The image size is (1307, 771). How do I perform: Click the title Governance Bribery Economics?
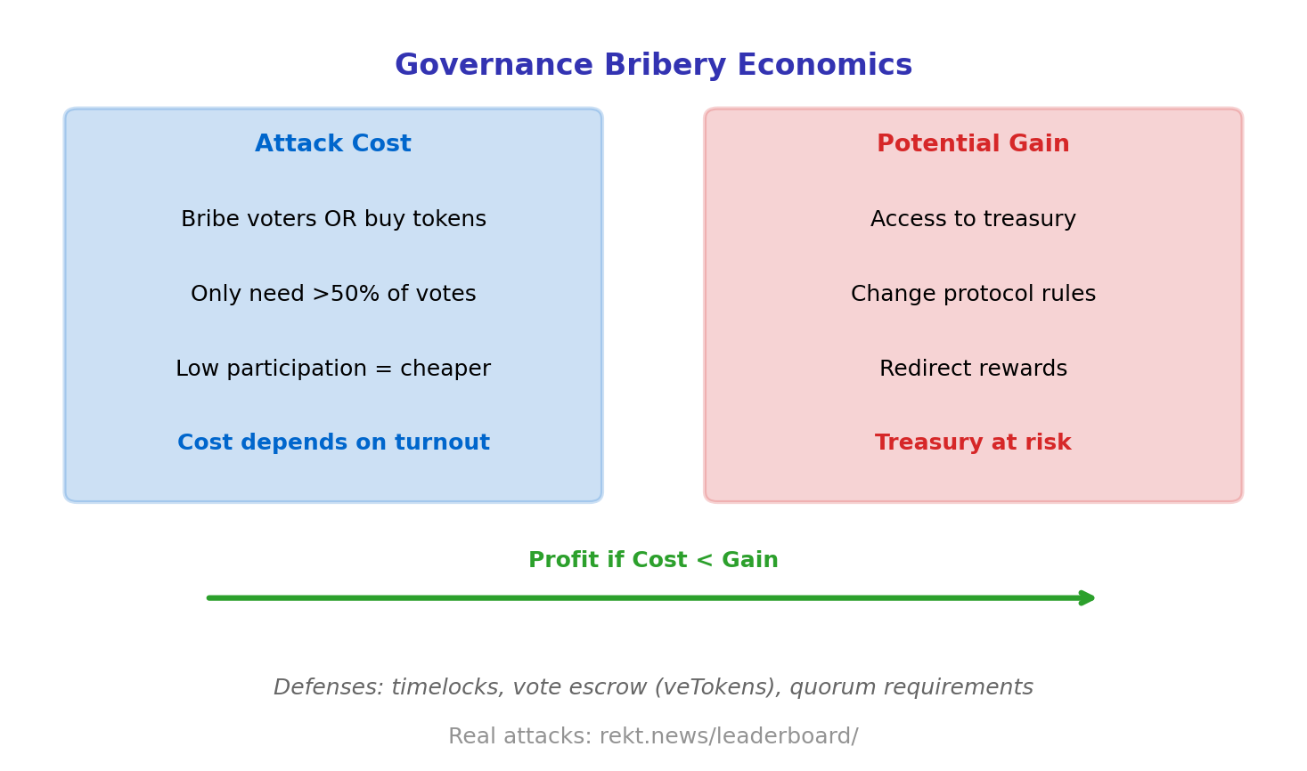click(653, 66)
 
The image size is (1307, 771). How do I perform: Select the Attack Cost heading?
click(333, 144)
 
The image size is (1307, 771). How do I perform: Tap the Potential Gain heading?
click(973, 144)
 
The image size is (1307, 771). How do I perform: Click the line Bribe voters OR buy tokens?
click(333, 220)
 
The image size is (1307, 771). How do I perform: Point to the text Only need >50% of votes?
click(333, 295)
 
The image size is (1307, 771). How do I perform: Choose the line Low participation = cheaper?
click(333, 369)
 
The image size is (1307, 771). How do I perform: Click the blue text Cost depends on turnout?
click(333, 443)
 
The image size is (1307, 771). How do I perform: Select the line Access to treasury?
click(973, 220)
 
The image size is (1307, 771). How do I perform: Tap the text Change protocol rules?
click(973, 295)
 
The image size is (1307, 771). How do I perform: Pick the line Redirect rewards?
click(973, 369)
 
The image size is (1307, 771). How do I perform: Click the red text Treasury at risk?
click(973, 443)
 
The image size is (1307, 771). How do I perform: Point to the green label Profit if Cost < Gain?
click(653, 561)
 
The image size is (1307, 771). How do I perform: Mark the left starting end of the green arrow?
click(210, 598)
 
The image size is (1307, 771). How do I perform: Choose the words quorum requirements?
click(911, 688)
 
